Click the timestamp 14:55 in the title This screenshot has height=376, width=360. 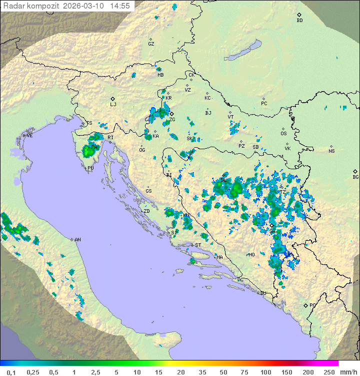pos(120,6)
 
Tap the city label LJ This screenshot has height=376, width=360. pos(113,105)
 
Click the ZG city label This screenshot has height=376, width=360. pos(172,120)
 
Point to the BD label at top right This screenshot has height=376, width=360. pos(299,21)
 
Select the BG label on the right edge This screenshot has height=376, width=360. pos(355,177)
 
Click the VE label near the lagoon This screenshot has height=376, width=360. pos(29,136)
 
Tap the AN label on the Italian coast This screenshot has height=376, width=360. pos(77,240)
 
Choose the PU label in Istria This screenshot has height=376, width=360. pos(90,168)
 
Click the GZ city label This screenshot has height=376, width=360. pos(151,44)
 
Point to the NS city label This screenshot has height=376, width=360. pos(331,151)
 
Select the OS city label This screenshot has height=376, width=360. pos(283,134)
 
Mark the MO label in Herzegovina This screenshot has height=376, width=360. pos(251,255)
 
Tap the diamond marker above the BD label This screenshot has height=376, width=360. pos(299,15)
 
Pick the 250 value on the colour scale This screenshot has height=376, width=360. pos(329,372)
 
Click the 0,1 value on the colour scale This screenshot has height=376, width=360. pos(11,372)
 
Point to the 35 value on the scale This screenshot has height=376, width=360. pos(202,372)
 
